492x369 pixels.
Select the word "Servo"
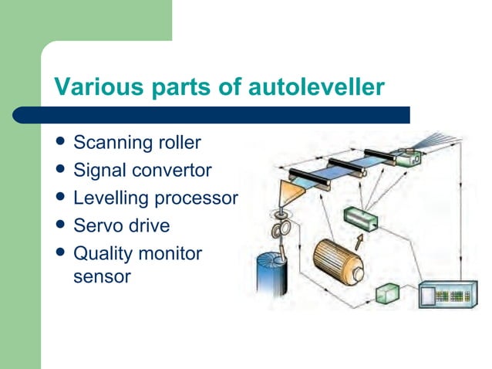click(x=97, y=226)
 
